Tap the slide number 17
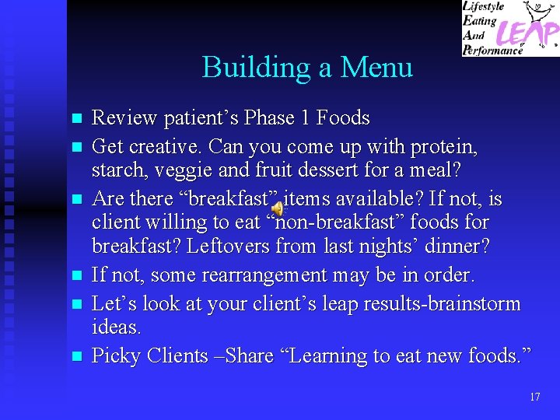pos(534,397)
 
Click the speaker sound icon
pos(278,206)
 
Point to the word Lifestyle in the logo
pos(484,7)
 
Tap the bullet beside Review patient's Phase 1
pos(76,119)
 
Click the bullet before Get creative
pos(76,146)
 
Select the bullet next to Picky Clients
pos(76,357)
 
